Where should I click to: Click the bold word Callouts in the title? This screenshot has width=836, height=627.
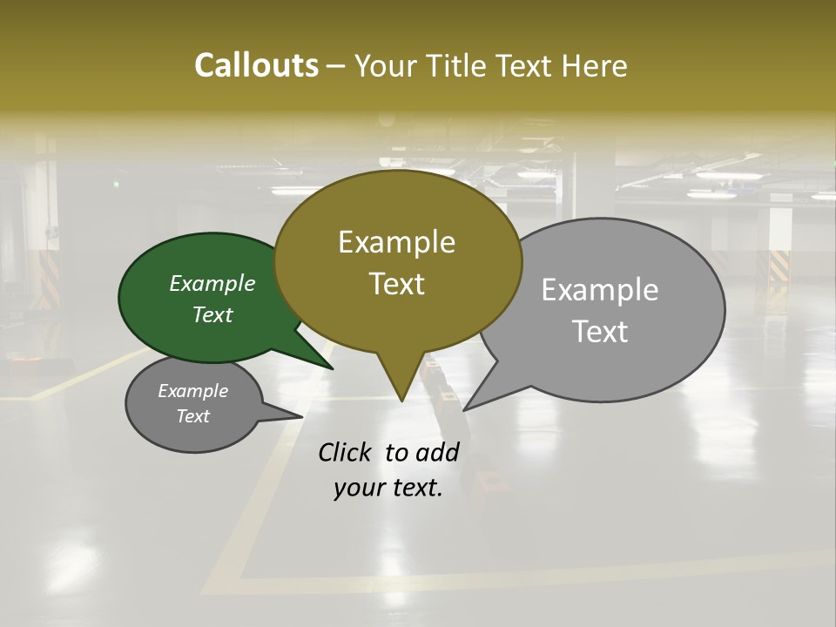(256, 65)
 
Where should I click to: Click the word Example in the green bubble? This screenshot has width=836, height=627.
(212, 283)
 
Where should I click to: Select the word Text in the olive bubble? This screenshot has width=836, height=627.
(397, 284)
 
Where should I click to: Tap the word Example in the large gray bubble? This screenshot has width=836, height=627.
(600, 289)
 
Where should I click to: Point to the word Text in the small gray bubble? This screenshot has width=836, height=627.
(192, 416)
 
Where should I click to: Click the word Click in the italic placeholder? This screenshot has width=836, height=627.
(344, 452)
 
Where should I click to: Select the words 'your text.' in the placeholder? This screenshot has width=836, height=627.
(388, 489)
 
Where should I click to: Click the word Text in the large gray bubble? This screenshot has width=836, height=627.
(601, 332)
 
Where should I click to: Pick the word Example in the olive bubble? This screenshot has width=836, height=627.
(397, 242)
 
